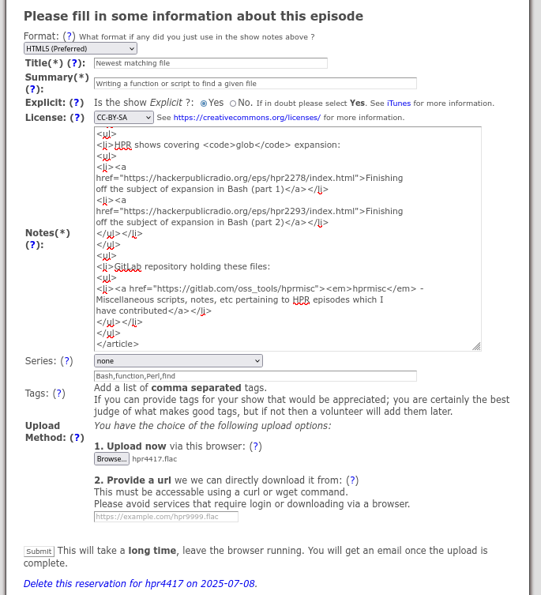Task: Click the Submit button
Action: [39, 552]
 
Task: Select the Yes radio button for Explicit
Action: [204, 104]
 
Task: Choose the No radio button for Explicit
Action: [232, 104]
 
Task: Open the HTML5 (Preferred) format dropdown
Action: [80, 49]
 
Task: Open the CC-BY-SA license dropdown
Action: [123, 118]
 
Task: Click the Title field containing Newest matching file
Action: [210, 63]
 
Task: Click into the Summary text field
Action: [254, 83]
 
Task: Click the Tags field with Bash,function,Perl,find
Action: [254, 376]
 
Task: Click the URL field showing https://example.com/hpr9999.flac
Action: [166, 517]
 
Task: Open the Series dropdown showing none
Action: [178, 361]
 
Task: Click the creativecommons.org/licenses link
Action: [246, 118]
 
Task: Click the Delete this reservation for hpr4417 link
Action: [140, 584]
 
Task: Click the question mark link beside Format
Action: [70, 36]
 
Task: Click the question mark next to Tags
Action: [59, 394]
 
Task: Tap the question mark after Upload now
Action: [255, 446]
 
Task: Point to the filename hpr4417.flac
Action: [149, 459]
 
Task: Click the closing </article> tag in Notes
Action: [117, 344]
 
